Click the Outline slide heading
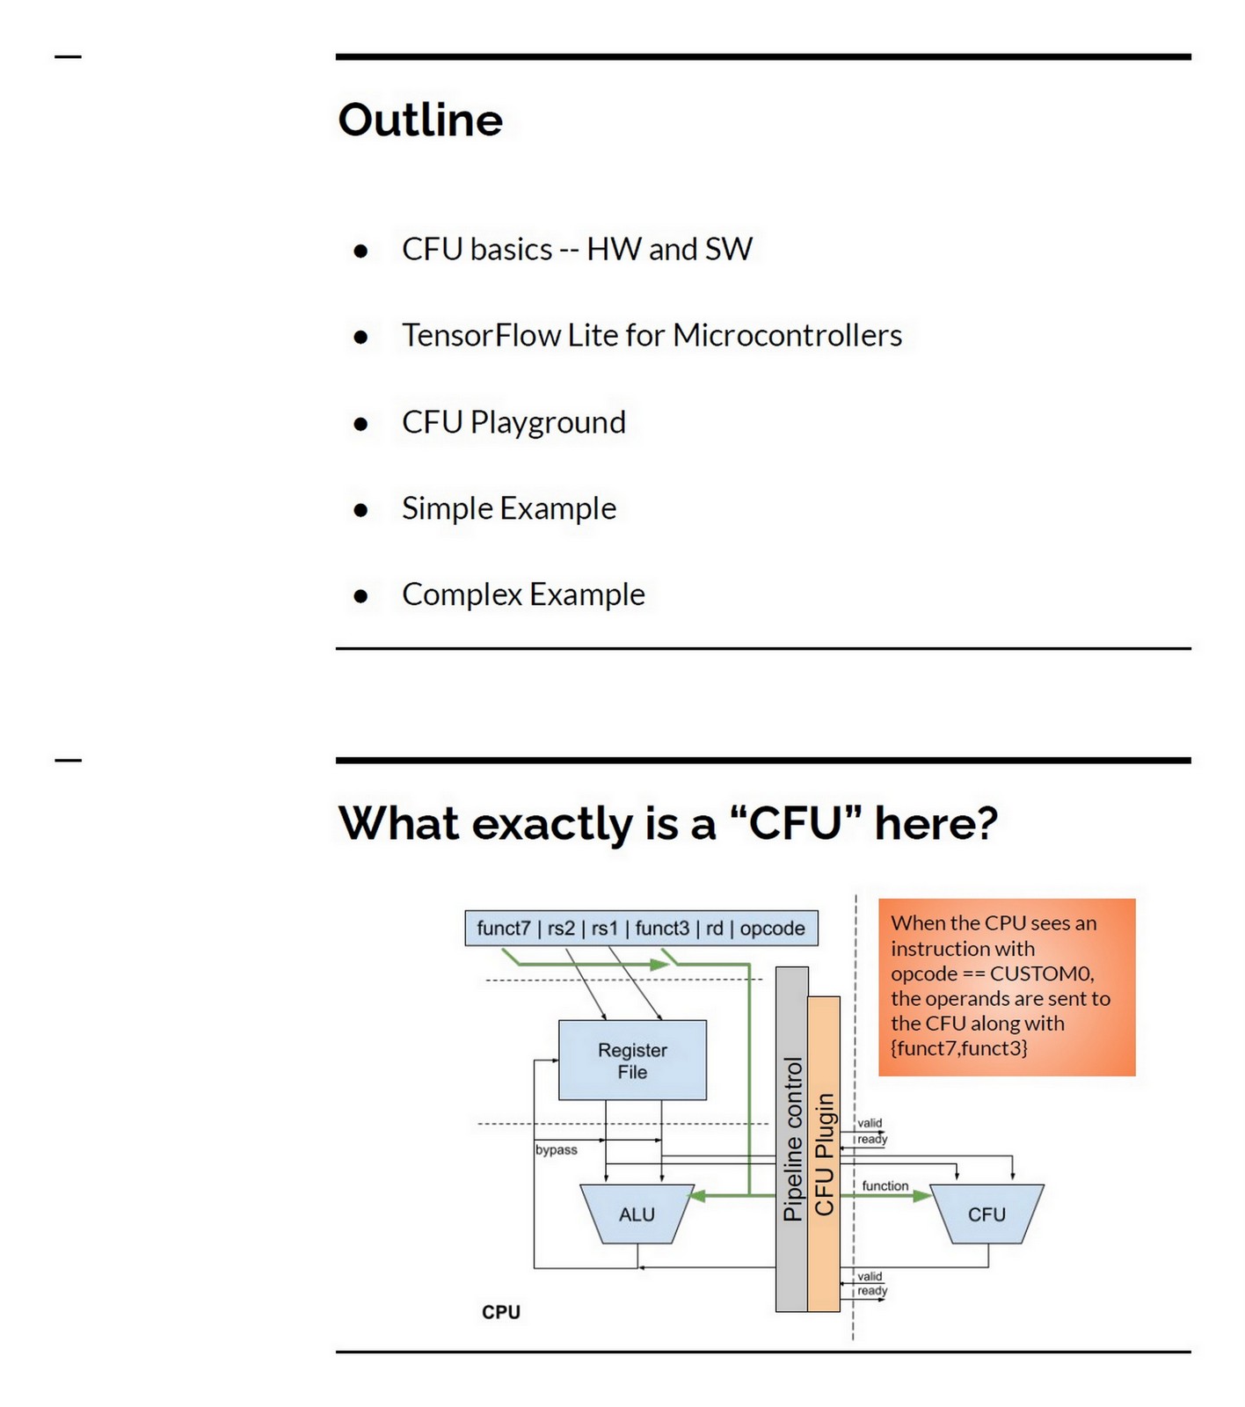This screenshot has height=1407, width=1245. tap(419, 120)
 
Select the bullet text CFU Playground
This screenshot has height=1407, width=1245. tap(513, 422)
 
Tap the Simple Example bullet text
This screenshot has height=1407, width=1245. tap(509, 508)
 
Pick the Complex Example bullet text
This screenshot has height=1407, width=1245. tap(523, 594)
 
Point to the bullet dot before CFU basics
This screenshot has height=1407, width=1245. tap(360, 251)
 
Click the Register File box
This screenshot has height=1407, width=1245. tap(632, 1060)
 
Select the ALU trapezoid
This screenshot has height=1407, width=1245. tap(637, 1214)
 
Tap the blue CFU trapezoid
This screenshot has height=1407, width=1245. tap(987, 1214)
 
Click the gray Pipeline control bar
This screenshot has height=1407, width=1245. tap(791, 1139)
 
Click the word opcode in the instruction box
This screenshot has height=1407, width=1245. tap(772, 929)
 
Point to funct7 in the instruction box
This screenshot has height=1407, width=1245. tap(504, 929)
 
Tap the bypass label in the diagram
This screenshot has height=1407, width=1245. tap(557, 1150)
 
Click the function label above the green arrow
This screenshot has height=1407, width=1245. tap(885, 1185)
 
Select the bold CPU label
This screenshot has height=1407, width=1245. tap(501, 1312)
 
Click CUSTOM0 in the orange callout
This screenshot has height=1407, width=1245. tap(1041, 973)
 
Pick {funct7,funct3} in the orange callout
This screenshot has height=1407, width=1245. tap(958, 1047)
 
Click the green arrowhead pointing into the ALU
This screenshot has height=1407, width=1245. tap(697, 1195)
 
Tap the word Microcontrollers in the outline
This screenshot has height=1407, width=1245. tap(787, 335)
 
